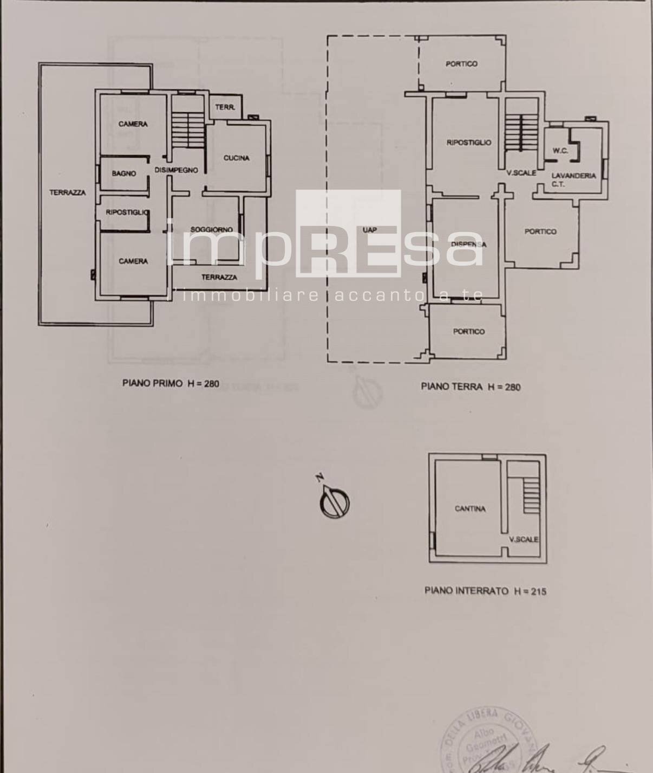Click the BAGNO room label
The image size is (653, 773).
pos(124,173)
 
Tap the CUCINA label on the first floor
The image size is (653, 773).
pos(237,158)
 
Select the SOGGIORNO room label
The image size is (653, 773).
pos(211,229)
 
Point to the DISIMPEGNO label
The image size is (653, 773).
pos(176,170)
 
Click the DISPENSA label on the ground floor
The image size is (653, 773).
pos(468,244)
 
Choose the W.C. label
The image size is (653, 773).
pos(560,151)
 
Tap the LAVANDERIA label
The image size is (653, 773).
pos(573,176)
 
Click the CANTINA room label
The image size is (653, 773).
pos(470,509)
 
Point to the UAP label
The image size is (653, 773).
pos(370,230)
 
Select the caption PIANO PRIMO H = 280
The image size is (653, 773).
pos(171,383)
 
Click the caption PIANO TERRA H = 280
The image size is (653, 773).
pos(471,387)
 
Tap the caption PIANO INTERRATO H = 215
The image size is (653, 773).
pos(485,591)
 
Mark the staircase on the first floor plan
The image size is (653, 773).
pos(187,130)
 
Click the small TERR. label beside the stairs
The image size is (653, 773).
pos(225,107)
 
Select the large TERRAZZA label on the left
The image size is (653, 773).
pos(68,192)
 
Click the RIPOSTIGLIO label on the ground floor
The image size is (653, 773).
pos(469,143)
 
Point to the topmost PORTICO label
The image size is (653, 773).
pos(461,64)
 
